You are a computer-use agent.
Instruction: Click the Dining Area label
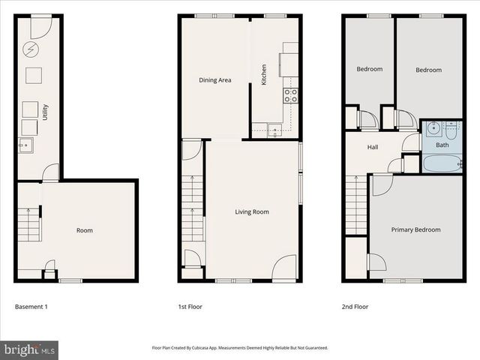(214, 79)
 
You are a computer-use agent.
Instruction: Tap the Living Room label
(251, 211)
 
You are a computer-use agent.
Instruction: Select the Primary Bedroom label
(415, 229)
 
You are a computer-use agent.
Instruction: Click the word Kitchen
(263, 75)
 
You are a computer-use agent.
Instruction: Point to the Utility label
(46, 112)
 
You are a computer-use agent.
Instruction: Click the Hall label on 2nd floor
(372, 147)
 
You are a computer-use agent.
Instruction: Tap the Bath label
(442, 145)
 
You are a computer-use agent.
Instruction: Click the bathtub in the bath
(442, 163)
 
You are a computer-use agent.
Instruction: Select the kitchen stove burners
(290, 95)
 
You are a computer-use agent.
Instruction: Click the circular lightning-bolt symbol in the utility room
(31, 49)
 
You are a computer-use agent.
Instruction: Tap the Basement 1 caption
(32, 307)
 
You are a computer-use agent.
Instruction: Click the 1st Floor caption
(190, 307)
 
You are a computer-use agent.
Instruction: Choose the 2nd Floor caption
(355, 307)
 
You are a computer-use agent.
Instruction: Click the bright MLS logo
(30, 349)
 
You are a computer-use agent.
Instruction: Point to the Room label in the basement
(85, 230)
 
